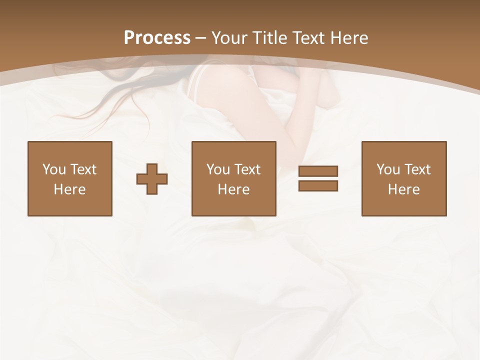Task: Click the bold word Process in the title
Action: point(157,38)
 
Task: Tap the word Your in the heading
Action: point(230,38)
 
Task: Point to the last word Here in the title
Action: point(348,38)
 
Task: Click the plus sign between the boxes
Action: point(152,179)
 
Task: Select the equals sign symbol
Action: point(318,178)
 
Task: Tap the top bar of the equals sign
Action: point(318,171)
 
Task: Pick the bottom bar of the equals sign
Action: point(318,186)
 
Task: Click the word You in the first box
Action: point(54,169)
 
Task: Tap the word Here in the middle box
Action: point(234,189)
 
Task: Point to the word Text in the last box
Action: point(417,169)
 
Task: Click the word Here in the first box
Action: point(70,189)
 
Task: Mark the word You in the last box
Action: point(388,169)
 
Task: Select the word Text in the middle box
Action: point(247,169)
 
